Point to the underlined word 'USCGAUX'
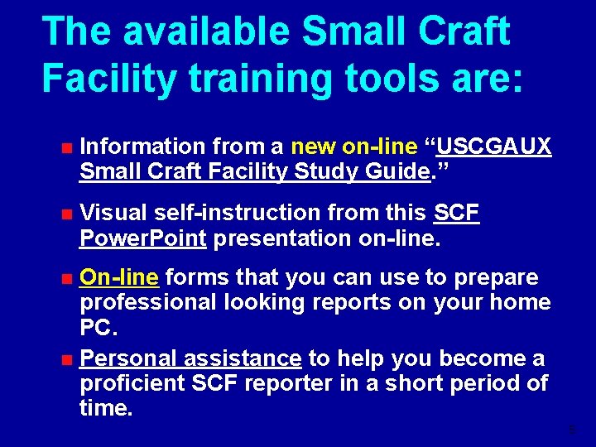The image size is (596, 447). tap(494, 147)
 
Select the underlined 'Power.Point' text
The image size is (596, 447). tap(142, 238)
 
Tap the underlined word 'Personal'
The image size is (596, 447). tap(128, 358)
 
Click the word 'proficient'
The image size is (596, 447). tap(132, 383)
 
